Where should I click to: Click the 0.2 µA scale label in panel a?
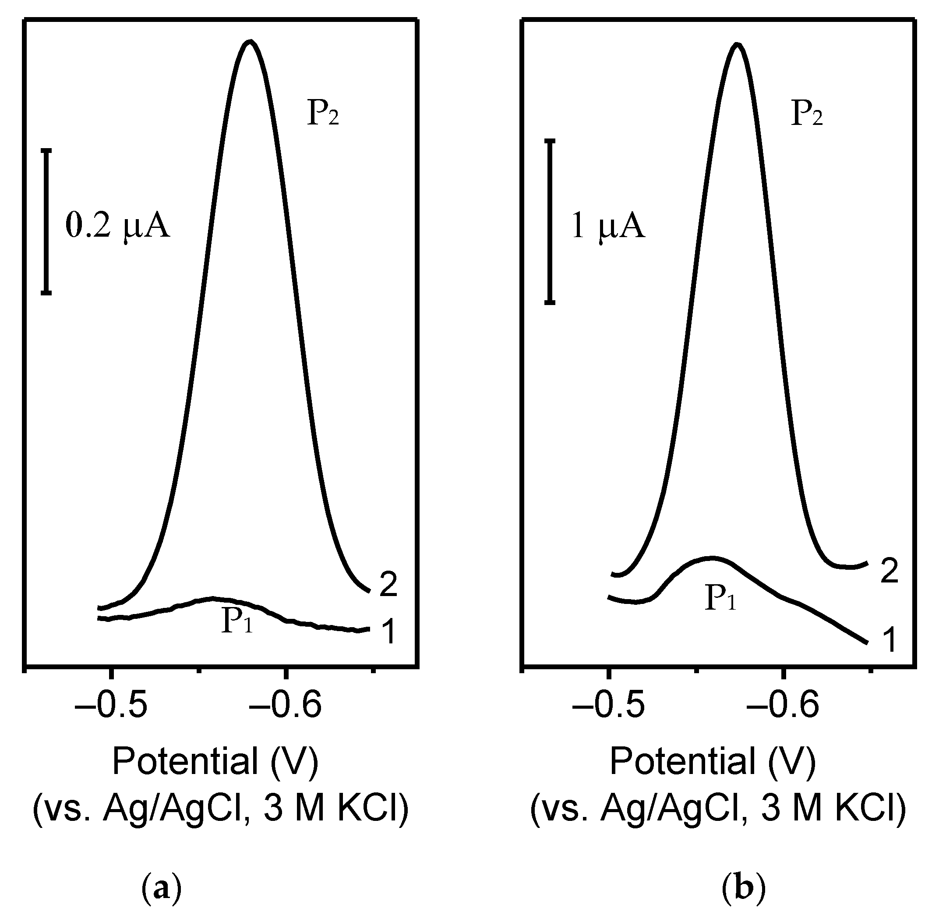pyautogui.click(x=118, y=226)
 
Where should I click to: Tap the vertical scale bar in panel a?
pyautogui.click(x=46, y=221)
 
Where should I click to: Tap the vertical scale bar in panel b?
pyautogui.click(x=550, y=221)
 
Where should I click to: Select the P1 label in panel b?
pyautogui.click(x=720, y=599)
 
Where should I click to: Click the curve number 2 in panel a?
pyautogui.click(x=388, y=586)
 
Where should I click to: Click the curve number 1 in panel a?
pyautogui.click(x=388, y=631)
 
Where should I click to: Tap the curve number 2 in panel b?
pyautogui.click(x=889, y=572)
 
